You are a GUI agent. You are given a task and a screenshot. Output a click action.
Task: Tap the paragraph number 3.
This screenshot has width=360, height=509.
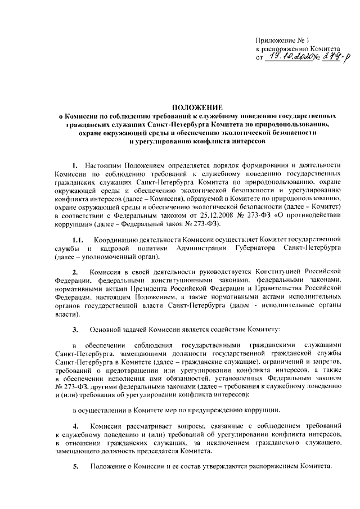click(x=76, y=328)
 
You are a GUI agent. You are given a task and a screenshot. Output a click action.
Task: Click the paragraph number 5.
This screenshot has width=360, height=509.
click(x=76, y=466)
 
